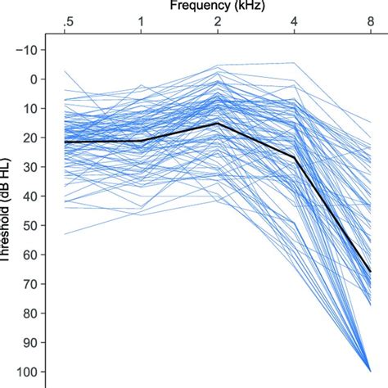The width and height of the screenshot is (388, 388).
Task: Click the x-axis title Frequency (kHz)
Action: tap(217, 6)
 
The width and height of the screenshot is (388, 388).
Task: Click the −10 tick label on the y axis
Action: tap(36, 50)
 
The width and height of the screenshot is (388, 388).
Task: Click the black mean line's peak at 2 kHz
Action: tap(218, 123)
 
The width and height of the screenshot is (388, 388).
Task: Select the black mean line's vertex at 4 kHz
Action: tap(295, 157)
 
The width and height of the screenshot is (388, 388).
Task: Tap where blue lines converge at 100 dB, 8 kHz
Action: tap(370, 371)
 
